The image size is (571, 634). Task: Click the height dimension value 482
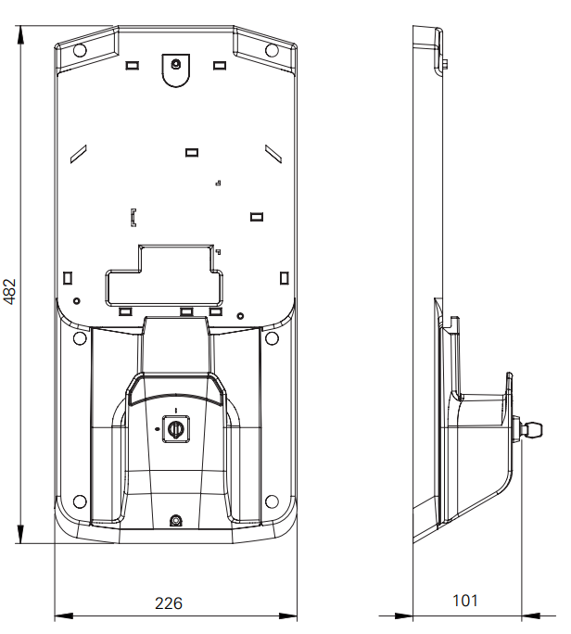(x=10, y=290)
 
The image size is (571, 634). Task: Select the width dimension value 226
(x=168, y=603)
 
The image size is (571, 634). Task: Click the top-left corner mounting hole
(x=80, y=49)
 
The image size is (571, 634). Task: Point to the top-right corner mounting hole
(x=271, y=49)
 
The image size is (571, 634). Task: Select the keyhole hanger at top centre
(x=175, y=66)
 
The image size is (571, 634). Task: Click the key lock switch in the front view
(x=175, y=428)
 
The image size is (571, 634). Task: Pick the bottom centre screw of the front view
(x=176, y=520)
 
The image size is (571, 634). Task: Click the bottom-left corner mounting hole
(x=80, y=501)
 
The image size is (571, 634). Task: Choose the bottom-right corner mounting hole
(x=272, y=501)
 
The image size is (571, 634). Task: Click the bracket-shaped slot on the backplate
(x=133, y=219)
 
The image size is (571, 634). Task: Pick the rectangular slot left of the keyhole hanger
(x=132, y=66)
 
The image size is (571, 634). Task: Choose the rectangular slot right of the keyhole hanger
(x=220, y=66)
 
